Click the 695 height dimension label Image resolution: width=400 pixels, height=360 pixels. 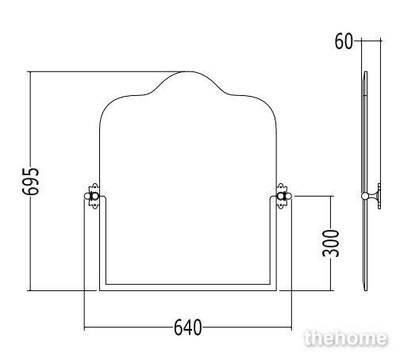31,182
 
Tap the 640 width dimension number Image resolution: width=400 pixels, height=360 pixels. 187,327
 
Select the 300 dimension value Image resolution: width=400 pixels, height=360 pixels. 331,243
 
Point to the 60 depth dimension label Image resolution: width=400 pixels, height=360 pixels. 344,41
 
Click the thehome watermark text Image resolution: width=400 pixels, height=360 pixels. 345,339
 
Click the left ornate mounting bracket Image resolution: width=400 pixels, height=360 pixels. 94,196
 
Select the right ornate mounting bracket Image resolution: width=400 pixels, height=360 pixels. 282,196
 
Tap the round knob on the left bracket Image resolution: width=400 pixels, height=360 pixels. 87,196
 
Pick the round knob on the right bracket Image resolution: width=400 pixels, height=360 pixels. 288,196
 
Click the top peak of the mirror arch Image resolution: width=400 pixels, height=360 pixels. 188,71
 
